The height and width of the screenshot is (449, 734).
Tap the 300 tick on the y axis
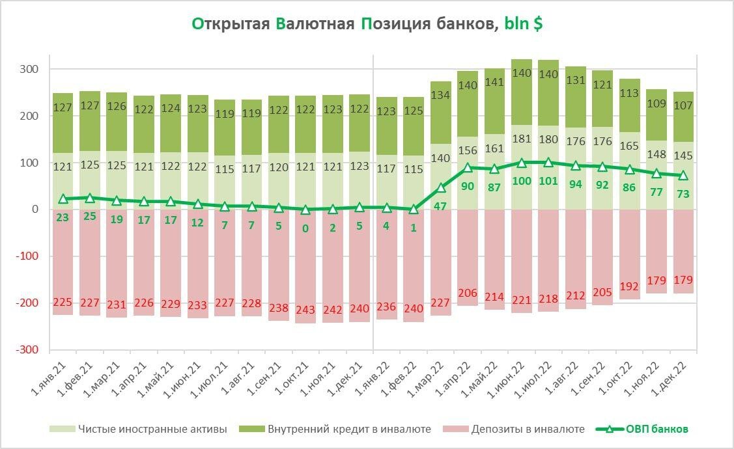(x=31, y=69)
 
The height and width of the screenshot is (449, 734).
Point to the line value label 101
(x=548, y=181)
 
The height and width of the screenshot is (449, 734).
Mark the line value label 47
(x=441, y=205)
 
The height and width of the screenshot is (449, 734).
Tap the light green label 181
(x=522, y=139)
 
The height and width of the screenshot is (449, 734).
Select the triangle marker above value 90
(x=468, y=168)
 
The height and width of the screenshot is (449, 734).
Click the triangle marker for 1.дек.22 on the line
(x=684, y=175)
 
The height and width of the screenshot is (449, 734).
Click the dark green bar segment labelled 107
(x=684, y=117)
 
